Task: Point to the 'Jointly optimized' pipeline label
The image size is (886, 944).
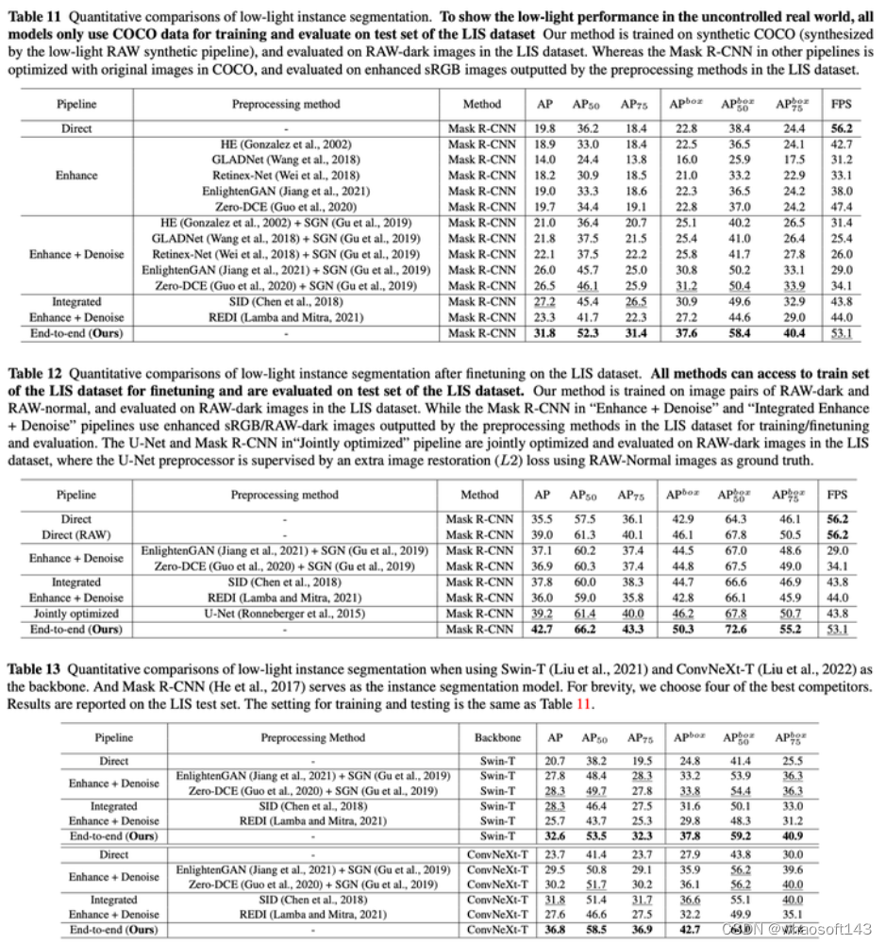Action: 76,614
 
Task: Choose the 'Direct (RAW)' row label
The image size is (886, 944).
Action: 76,534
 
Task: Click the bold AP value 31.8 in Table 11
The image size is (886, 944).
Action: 543,333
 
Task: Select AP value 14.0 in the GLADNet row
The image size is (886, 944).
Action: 543,160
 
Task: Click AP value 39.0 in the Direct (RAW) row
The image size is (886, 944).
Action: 543,534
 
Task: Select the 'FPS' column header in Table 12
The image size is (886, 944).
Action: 837,495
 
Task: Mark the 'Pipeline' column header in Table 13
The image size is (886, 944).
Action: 113,737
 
